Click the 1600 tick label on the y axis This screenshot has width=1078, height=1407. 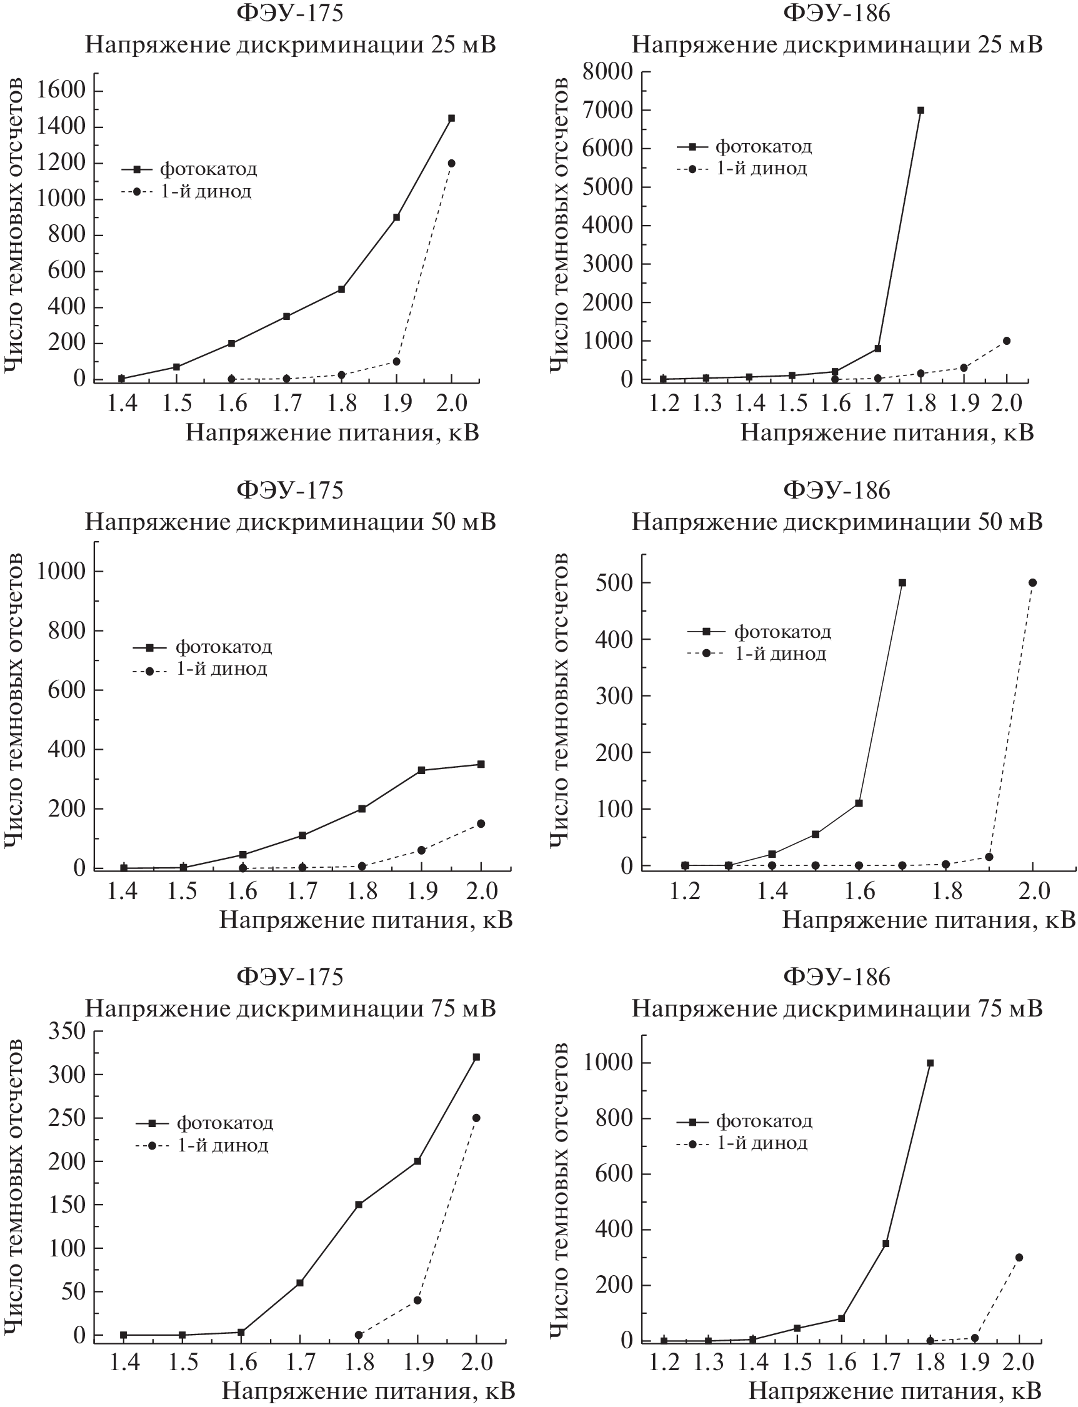point(61,90)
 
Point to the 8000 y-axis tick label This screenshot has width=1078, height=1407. point(607,71)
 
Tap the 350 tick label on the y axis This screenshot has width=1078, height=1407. point(67,1031)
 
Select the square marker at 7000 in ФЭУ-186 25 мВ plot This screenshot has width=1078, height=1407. point(921,111)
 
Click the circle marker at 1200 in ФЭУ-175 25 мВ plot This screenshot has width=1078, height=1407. point(451,164)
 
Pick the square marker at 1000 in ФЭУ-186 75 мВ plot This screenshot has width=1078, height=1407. point(930,1063)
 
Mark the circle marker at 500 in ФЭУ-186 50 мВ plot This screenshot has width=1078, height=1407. point(1032,582)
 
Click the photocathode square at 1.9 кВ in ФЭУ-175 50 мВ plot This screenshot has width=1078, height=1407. point(422,770)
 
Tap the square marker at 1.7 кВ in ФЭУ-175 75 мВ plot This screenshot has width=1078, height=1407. point(300,1283)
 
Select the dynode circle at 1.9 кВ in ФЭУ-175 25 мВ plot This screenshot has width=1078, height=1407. point(397,362)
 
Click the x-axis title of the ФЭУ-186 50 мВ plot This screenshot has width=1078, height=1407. point(928,920)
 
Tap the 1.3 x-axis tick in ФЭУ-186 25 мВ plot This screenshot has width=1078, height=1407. point(707,403)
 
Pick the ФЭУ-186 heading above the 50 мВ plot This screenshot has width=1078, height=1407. point(836,490)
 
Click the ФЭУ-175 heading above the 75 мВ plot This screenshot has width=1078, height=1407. point(290,977)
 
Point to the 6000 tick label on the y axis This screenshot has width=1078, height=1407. point(607,148)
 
